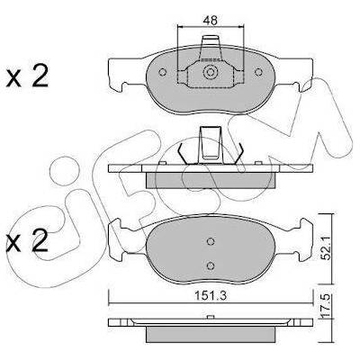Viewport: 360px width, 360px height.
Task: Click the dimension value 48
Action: point(210,21)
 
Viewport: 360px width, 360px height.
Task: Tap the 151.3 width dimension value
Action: point(211,296)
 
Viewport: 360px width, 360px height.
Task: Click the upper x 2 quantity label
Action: point(27,76)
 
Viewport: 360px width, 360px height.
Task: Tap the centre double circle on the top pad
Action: point(210,72)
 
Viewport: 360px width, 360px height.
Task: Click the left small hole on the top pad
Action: point(162,72)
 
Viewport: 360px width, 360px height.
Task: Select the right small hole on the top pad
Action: point(258,72)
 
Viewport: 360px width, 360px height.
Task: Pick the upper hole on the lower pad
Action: point(211,241)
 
